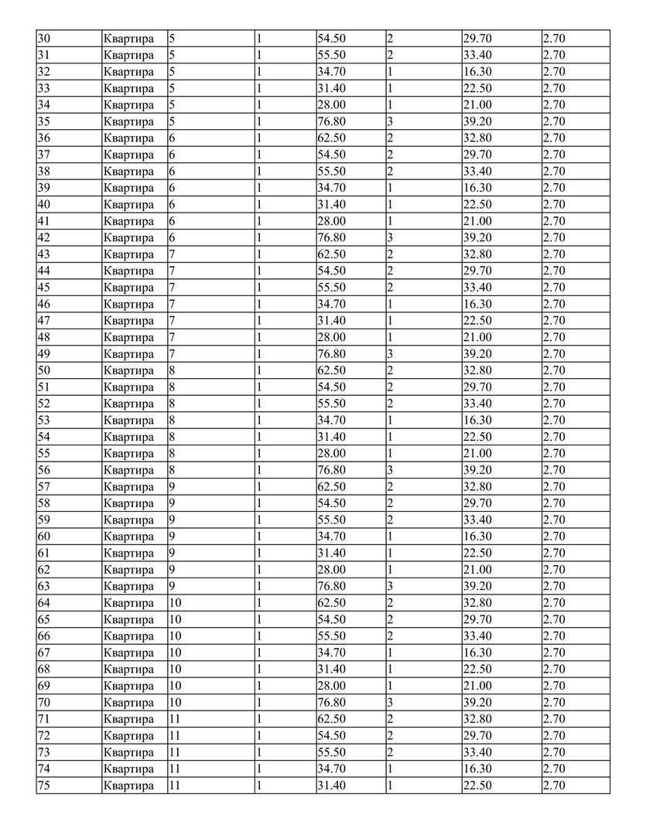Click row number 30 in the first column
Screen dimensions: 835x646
click(43, 39)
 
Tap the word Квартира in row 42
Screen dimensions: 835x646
click(128, 238)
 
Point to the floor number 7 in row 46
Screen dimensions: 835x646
click(172, 305)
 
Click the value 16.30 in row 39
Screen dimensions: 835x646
click(477, 188)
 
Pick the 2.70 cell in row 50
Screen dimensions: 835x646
click(554, 370)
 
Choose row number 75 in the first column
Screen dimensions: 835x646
click(43, 786)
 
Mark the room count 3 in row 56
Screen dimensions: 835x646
click(390, 470)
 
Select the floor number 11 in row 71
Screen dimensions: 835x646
click(174, 719)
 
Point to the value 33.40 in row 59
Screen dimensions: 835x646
click(477, 520)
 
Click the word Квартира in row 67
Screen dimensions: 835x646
click(128, 653)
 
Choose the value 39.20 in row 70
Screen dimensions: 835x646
click(477, 703)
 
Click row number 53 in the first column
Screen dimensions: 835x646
click(43, 421)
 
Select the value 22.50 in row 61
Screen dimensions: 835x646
click(477, 554)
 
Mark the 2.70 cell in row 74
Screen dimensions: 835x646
click(554, 769)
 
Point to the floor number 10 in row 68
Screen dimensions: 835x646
click(175, 670)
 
